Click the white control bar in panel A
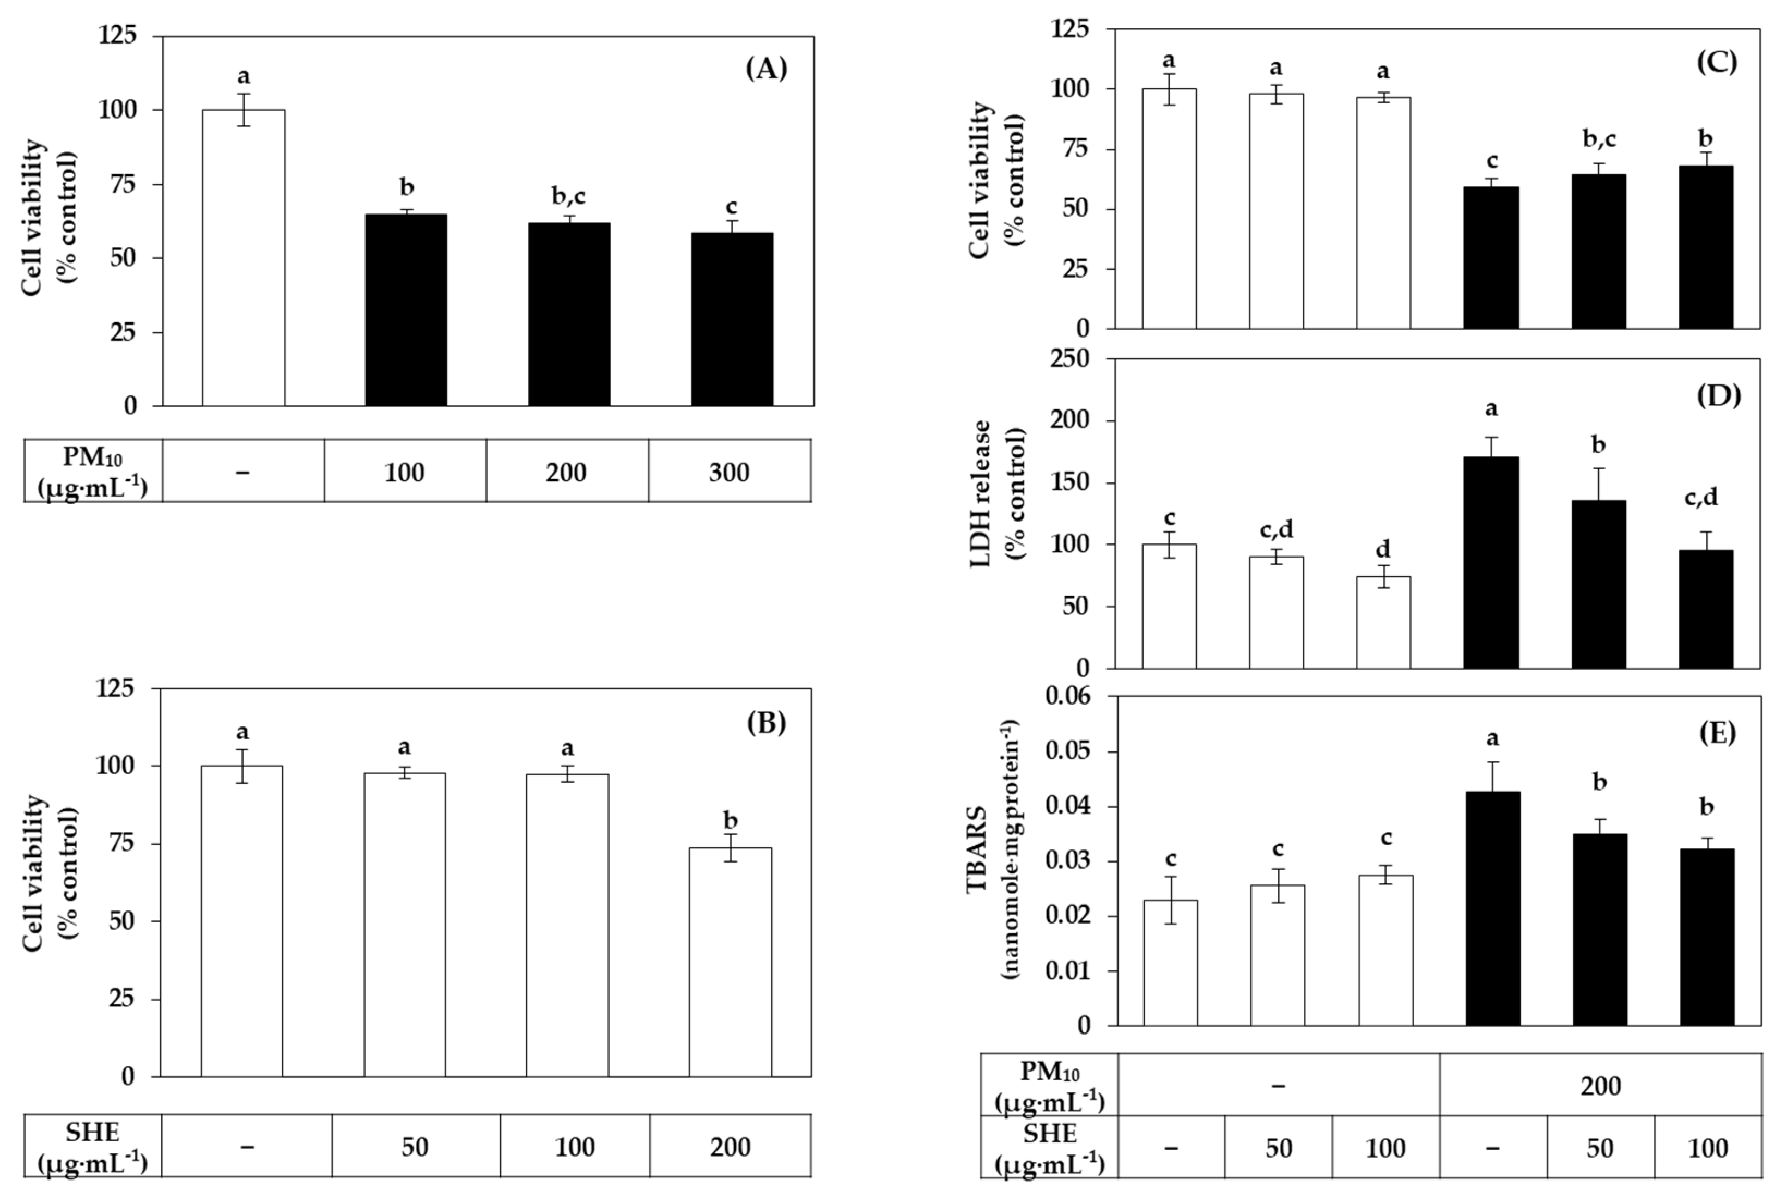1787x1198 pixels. [x=243, y=258]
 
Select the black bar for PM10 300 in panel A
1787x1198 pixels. [x=732, y=319]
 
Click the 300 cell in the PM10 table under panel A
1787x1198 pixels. [x=728, y=472]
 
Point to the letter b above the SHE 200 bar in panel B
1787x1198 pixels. [x=731, y=821]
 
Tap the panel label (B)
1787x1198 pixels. [x=766, y=722]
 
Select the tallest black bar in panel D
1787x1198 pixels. [x=1491, y=563]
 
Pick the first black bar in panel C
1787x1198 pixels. [x=1491, y=258]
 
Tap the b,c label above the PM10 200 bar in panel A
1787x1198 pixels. [x=569, y=197]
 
